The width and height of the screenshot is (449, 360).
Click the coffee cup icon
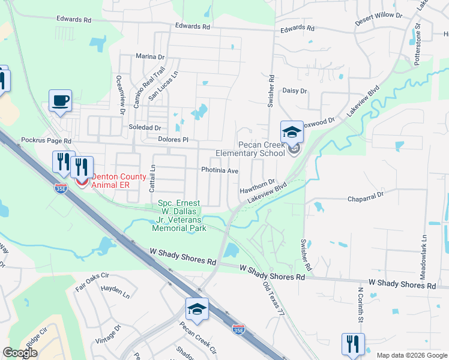pyautogui.click(x=60, y=101)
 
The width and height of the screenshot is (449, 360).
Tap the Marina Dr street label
pyautogui.click(x=150, y=57)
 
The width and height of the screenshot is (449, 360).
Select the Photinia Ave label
pyautogui.click(x=220, y=170)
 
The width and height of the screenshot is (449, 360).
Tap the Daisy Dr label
pyautogui.click(x=295, y=91)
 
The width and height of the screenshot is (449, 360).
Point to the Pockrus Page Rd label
pyautogui.click(x=46, y=140)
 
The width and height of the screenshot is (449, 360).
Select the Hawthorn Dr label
pyautogui.click(x=257, y=186)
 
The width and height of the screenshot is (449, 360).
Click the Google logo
pyautogui.click(x=20, y=353)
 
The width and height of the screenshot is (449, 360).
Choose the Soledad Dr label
pyautogui.click(x=145, y=128)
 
